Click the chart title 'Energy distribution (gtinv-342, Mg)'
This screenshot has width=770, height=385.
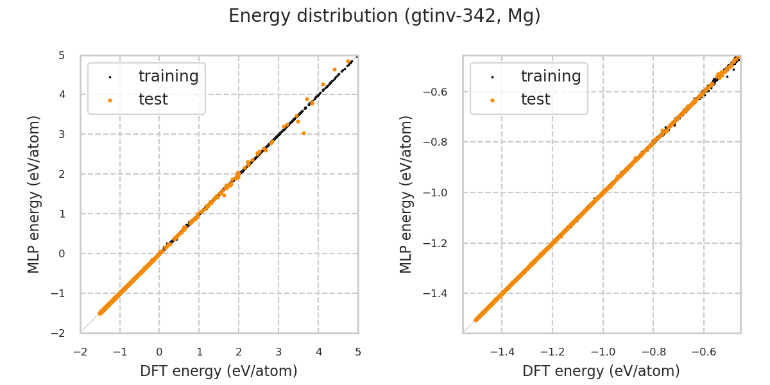click(384, 16)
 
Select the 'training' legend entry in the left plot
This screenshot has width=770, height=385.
click(168, 76)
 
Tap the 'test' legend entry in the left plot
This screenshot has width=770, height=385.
click(153, 99)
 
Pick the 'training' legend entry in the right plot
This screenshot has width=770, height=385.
click(551, 76)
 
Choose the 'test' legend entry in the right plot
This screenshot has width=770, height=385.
click(535, 99)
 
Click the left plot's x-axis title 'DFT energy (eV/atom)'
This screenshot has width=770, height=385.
click(219, 371)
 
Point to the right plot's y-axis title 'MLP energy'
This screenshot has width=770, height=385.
click(406, 194)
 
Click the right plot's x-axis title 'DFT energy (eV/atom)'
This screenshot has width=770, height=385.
click(601, 371)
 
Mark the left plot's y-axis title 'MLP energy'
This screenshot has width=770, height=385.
click(34, 194)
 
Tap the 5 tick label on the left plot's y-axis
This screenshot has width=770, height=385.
click(62, 56)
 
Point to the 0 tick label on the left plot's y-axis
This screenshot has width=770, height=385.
click(62, 253)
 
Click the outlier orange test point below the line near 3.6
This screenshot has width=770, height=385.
click(304, 133)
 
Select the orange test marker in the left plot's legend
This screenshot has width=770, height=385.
click(110, 100)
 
